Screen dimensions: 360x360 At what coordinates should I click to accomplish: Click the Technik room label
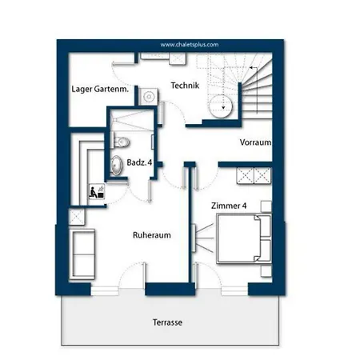pos(185,86)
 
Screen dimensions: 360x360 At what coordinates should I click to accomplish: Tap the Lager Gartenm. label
pos(100,89)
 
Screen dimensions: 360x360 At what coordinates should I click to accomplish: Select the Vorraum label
pos(255,142)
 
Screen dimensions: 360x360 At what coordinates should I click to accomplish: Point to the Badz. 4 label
pos(139,162)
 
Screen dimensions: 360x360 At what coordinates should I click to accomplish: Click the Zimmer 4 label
pos(229,206)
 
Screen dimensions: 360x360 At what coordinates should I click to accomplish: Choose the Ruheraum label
pos(152,235)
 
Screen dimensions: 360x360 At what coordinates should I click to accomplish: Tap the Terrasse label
pos(167,322)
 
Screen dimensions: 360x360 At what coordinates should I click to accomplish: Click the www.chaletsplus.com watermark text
pos(190,45)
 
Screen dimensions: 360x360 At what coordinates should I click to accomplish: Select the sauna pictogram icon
pos(97,191)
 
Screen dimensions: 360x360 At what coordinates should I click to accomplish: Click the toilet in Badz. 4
pos(122,142)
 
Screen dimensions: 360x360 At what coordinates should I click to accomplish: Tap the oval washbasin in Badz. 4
pos(116,166)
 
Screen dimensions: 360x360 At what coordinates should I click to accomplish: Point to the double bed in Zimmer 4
pos(244,238)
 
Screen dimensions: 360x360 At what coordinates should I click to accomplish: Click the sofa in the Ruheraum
pos(82,254)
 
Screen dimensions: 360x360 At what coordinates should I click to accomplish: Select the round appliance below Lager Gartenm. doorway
pos(148,97)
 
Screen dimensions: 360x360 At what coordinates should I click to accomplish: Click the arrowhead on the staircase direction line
pos(251,68)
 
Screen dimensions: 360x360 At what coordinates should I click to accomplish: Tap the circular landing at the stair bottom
pos(221,106)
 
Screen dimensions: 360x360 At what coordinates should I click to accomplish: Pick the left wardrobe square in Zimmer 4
pos(245,175)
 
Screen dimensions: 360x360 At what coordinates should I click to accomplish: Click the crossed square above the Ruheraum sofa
pos(77,217)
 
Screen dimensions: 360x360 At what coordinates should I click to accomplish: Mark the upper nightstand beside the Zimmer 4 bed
pos(266,206)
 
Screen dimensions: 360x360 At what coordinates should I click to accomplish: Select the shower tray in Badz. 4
pos(132,121)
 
